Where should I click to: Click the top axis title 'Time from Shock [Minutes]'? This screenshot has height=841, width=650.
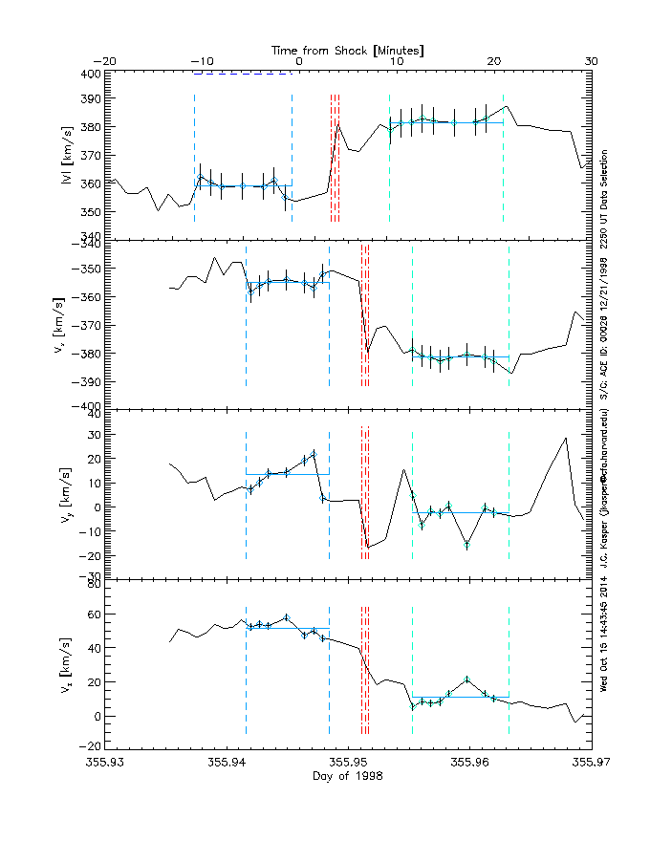tap(348, 49)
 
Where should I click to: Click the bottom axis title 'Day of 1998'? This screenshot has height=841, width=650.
tap(348, 777)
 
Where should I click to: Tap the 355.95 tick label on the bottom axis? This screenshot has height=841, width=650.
tap(348, 763)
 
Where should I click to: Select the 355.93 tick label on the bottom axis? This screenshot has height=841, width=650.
tap(105, 763)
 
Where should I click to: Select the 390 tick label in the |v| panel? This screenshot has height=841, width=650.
tap(90, 99)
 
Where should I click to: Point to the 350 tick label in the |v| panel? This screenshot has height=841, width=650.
tap(90, 211)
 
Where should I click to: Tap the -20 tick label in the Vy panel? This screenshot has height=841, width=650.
tap(90, 555)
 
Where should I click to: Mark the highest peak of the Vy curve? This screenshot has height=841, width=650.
tap(567, 438)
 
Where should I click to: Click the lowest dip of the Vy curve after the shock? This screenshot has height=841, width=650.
tap(367, 548)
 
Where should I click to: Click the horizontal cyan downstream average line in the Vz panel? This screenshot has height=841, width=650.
tap(460, 697)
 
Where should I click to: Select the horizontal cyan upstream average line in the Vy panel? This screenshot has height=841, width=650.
tap(287, 474)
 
